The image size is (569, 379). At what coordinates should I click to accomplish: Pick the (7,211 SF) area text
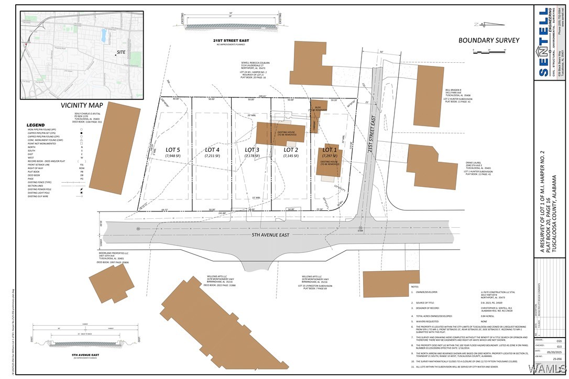coord(212,156)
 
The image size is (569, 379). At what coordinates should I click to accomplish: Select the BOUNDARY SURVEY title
coord(488,40)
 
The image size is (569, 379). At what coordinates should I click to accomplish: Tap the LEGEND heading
coord(36,125)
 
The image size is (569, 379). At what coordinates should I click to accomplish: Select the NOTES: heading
coord(415,287)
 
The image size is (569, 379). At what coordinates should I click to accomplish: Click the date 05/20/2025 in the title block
coord(549,353)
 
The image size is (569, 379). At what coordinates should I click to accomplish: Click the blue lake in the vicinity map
coord(104,36)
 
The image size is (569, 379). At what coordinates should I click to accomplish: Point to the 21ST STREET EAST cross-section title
coord(231,40)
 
